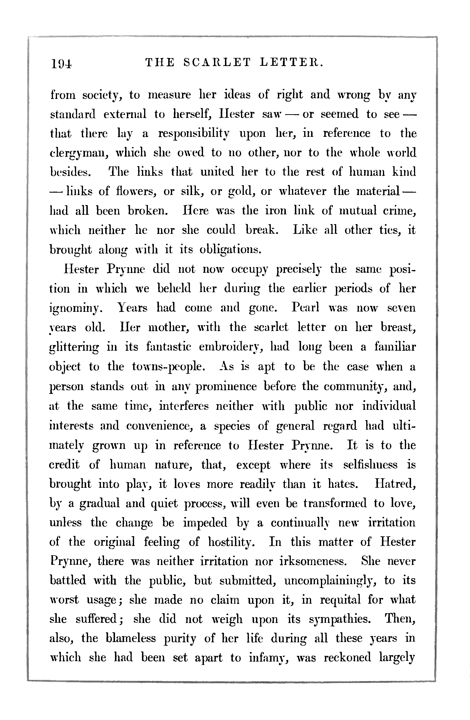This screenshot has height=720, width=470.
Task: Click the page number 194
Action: [62, 63]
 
